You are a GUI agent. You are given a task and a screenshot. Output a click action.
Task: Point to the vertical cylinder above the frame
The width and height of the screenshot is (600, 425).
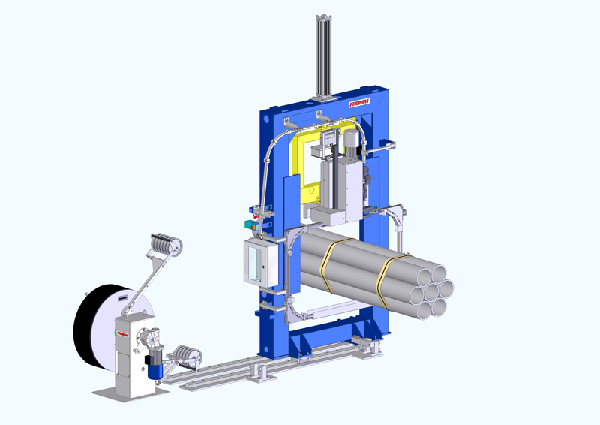click(322, 56)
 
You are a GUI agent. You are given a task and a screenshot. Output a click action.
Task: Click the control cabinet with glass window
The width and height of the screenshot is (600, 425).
click(256, 261)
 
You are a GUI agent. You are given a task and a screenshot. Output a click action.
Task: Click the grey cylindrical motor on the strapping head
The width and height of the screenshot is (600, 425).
click(349, 143)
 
